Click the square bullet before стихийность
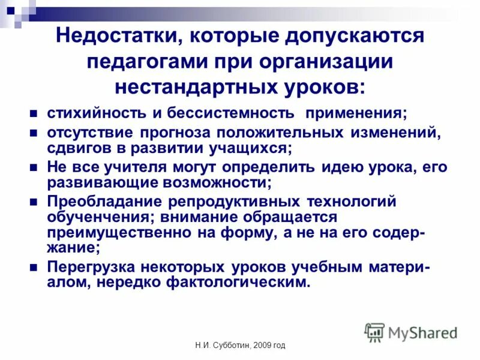tap(34, 113)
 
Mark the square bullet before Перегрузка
tap(34, 266)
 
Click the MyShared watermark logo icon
tap(375, 332)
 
